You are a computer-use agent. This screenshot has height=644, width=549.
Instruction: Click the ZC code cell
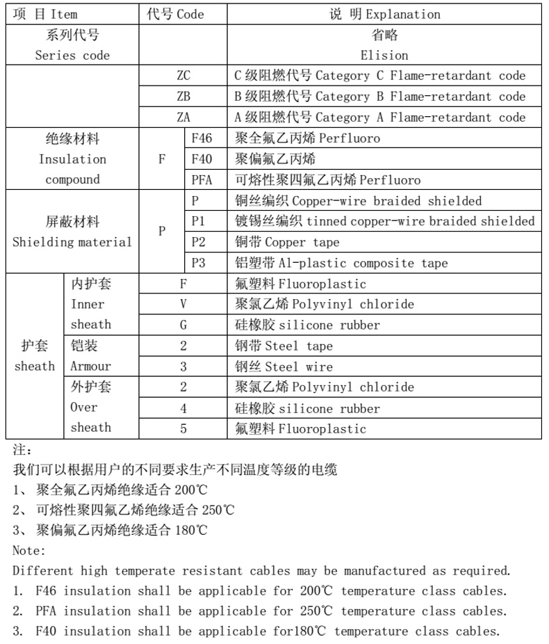pos(183,76)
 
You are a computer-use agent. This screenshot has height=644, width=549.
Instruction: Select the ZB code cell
pos(183,97)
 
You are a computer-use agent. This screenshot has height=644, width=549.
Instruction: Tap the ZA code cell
pos(183,118)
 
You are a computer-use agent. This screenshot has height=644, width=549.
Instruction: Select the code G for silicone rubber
pos(183,325)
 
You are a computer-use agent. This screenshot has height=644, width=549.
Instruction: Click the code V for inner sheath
pos(183,304)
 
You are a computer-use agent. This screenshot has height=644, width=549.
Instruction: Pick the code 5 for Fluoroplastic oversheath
pos(183,428)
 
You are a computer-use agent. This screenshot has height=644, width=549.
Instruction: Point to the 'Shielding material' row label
pos(72,243)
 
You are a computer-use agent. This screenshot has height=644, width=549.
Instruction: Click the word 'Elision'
pos(384,55)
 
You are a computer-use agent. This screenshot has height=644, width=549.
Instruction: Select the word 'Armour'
pos(90,367)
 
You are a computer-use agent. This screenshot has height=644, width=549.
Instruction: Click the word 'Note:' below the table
pos(29,550)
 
